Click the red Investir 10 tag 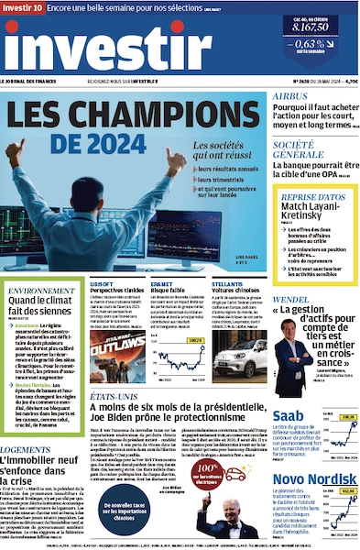pyautogui.click(x=22, y=6)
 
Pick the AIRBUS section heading pyautogui.click(x=289, y=95)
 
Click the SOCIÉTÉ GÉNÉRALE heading pyautogui.click(x=300, y=149)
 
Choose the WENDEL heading pyautogui.click(x=291, y=299)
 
